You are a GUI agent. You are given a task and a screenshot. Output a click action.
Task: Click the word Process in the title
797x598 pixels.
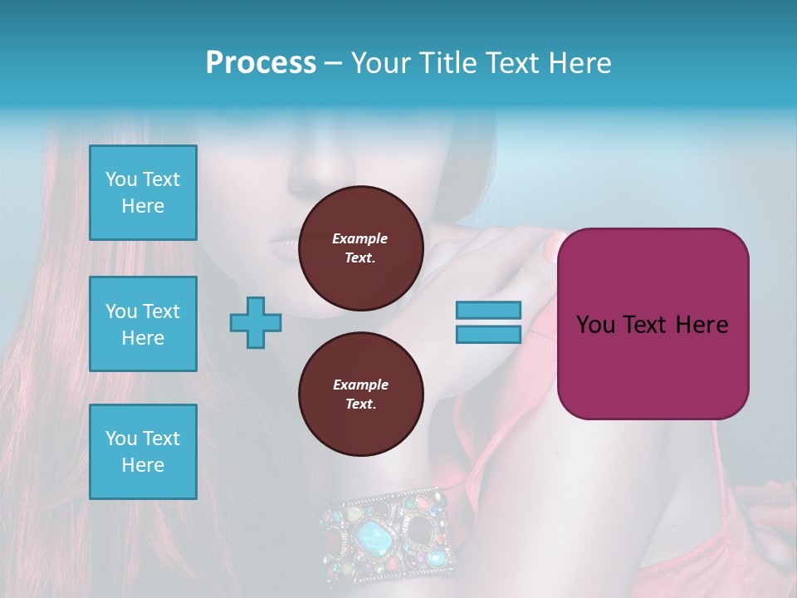click(x=261, y=63)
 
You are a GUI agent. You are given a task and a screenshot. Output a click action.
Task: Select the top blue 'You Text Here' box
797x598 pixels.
click(x=143, y=193)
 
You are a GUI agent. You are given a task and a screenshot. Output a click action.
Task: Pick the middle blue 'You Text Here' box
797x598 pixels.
click(x=143, y=324)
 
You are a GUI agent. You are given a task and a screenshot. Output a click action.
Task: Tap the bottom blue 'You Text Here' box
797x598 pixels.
click(x=143, y=452)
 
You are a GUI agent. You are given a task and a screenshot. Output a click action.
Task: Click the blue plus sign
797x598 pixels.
click(x=256, y=322)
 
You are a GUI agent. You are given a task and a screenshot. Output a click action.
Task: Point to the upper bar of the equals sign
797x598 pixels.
click(x=488, y=310)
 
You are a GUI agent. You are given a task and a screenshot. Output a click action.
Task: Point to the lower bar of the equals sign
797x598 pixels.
click(x=488, y=334)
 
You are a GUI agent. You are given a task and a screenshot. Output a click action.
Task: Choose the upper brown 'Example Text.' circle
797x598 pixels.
click(x=360, y=248)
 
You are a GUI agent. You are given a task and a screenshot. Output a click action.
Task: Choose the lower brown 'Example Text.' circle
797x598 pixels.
click(x=360, y=395)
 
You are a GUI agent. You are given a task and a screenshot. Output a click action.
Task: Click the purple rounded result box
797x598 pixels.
click(x=653, y=324)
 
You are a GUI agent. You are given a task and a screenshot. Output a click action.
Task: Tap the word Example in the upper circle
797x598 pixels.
click(x=360, y=238)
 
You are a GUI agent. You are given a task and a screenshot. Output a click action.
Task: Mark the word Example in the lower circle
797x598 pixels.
click(x=360, y=385)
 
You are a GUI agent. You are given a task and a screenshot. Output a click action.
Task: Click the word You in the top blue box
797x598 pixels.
click(x=120, y=179)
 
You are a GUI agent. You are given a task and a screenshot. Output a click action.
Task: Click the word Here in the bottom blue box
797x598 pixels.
click(x=143, y=465)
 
